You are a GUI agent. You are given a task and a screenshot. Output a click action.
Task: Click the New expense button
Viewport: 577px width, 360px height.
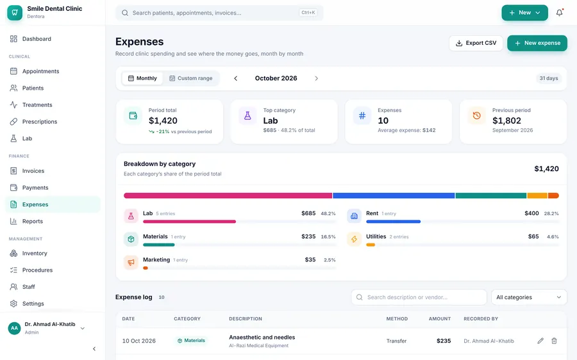tap(537, 43)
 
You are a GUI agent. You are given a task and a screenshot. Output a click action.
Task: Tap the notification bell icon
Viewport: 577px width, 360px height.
tap(559, 13)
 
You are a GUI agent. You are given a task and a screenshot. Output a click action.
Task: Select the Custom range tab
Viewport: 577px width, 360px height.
tap(190, 78)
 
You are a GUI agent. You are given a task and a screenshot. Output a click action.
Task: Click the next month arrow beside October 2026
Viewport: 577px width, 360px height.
tap(317, 78)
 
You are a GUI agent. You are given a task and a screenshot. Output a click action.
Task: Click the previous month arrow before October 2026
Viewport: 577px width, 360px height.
tap(236, 78)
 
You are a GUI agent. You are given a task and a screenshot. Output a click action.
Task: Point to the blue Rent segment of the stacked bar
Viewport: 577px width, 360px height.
tap(394, 195)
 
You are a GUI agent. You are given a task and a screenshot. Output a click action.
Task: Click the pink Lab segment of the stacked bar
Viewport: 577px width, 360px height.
tap(228, 195)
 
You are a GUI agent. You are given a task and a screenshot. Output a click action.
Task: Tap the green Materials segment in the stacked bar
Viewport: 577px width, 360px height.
tap(491, 195)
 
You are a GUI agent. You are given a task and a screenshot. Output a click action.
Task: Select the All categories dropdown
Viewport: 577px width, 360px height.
tap(529, 297)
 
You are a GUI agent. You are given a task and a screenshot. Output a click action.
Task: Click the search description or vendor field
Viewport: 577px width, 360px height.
tap(419, 297)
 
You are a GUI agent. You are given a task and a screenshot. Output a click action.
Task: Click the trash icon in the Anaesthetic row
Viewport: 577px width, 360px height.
tap(554, 341)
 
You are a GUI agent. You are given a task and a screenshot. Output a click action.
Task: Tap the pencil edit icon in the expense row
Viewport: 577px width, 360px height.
tap(540, 341)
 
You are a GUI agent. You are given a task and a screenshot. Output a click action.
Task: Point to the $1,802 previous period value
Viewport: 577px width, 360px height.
tap(506, 120)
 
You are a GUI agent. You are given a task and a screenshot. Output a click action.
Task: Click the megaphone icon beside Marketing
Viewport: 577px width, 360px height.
tap(131, 262)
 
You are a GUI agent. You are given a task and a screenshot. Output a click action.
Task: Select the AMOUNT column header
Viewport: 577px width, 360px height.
tap(440, 319)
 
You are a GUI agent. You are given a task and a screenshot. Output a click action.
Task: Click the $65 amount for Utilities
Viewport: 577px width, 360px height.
tap(533, 236)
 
